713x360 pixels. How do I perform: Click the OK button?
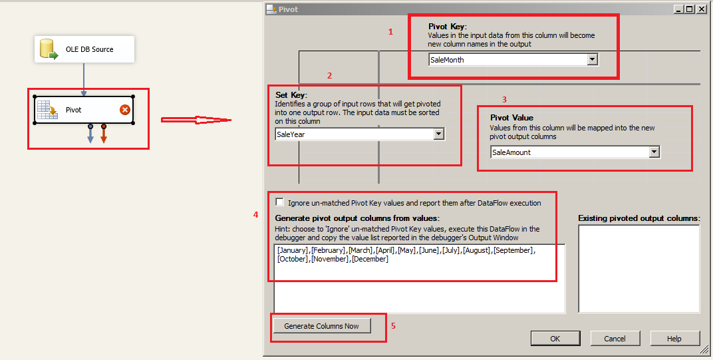click(x=555, y=339)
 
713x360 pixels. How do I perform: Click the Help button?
click(x=674, y=339)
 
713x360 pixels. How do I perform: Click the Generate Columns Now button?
click(x=321, y=326)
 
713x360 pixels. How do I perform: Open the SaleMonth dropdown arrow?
click(x=592, y=60)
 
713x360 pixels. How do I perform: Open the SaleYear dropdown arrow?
click(x=438, y=134)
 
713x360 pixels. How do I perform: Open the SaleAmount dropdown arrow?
click(x=654, y=152)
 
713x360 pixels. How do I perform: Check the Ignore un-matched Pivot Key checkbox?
click(x=279, y=202)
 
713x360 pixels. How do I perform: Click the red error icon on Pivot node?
click(x=124, y=110)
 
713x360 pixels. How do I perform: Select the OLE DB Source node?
click(x=84, y=49)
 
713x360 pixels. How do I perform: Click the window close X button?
click(x=702, y=9)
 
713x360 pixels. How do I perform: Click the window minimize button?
click(x=679, y=9)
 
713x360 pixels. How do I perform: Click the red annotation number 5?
click(x=393, y=326)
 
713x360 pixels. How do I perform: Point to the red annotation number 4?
click(x=256, y=215)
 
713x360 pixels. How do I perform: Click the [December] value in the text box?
click(x=370, y=259)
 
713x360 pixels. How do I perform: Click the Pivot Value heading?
click(x=511, y=118)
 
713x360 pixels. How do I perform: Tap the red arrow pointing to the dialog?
click(x=196, y=120)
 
